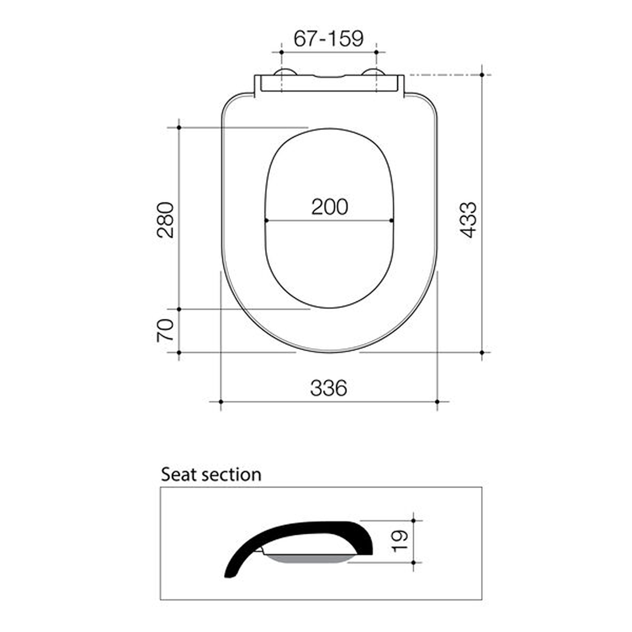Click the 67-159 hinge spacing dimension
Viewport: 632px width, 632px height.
(328, 39)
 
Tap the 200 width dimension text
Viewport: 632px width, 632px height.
(329, 207)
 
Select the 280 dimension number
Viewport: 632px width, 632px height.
(166, 219)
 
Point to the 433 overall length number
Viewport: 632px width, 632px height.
(468, 219)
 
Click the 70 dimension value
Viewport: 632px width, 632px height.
(166, 331)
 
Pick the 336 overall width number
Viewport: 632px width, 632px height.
(328, 387)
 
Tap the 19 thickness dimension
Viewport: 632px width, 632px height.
(400, 541)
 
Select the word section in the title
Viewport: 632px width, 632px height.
(231, 474)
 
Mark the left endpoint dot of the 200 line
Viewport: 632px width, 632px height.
(266, 221)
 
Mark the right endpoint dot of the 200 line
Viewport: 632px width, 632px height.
(391, 221)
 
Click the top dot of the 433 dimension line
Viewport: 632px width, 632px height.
(482, 75)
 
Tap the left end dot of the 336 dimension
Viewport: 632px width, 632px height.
(221, 401)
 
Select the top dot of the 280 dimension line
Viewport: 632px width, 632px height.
(178, 127)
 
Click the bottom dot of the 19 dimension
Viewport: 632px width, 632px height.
(413, 562)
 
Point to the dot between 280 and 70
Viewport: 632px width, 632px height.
(178, 309)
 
